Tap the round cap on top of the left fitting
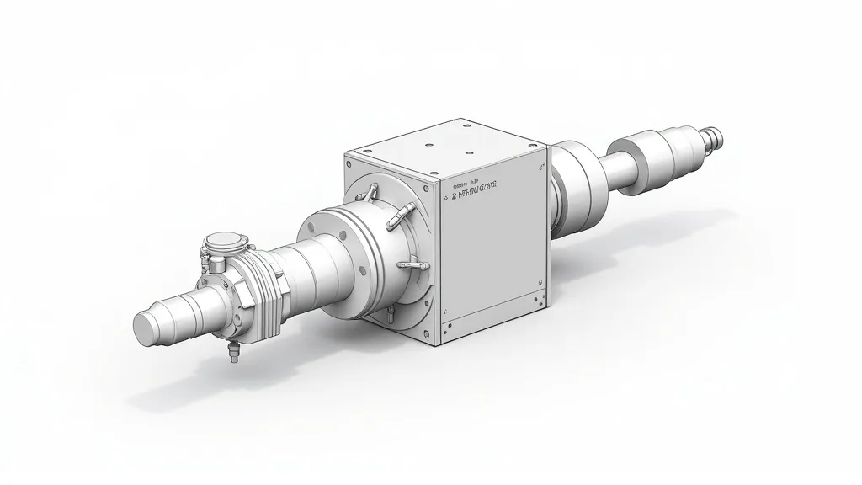(x=226, y=242)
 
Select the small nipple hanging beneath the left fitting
(x=231, y=354)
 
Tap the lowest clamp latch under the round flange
(x=391, y=314)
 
